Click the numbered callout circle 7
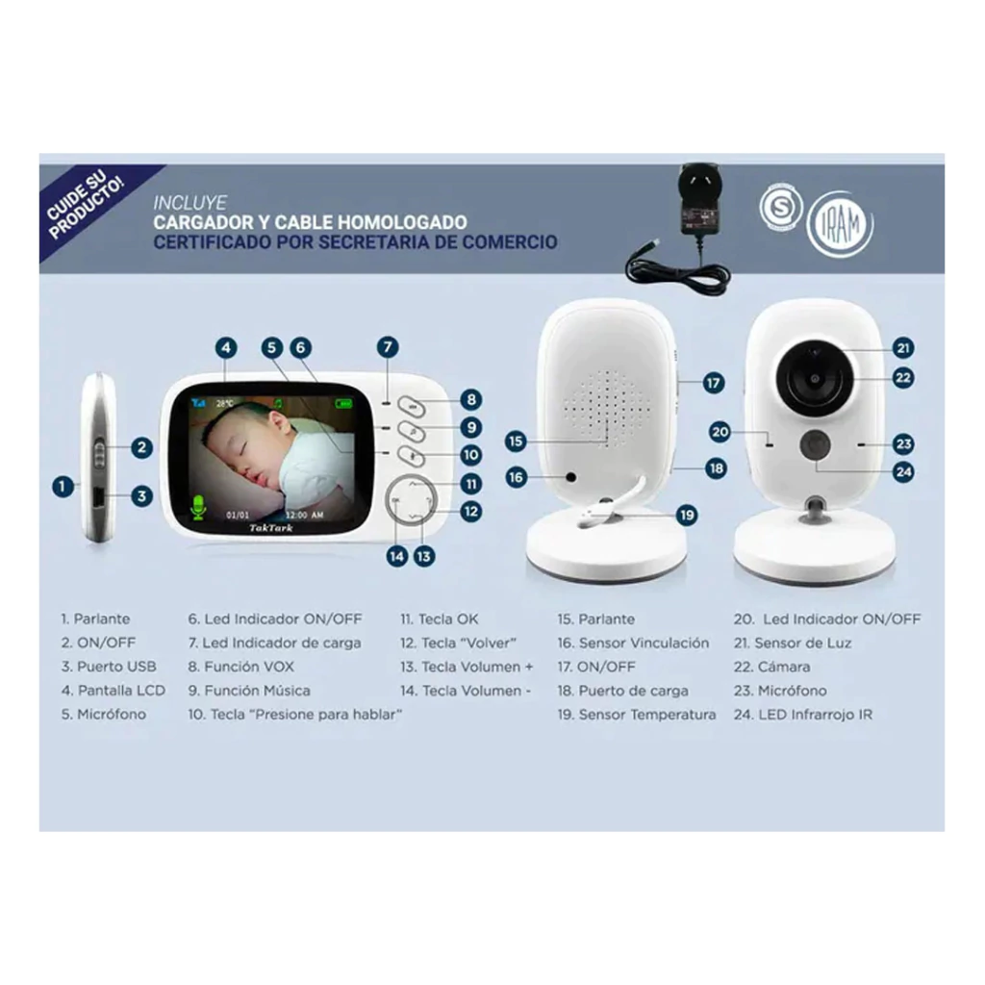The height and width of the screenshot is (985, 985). (x=388, y=346)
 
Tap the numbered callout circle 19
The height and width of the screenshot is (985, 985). (x=687, y=516)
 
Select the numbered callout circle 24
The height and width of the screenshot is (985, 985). (x=903, y=471)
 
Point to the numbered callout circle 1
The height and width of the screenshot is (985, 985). (x=63, y=486)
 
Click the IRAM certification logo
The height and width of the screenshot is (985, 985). (x=840, y=224)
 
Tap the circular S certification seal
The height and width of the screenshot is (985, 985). (x=780, y=208)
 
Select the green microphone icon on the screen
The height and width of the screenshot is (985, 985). (x=198, y=508)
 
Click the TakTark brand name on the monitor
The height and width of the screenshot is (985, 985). (x=270, y=528)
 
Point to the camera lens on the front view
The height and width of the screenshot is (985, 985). (x=814, y=377)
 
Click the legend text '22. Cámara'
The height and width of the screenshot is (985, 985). (x=771, y=667)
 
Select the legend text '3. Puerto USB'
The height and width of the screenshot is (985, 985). (x=108, y=667)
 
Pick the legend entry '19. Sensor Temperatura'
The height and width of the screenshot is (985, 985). (x=637, y=715)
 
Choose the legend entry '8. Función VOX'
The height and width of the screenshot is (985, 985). (x=240, y=667)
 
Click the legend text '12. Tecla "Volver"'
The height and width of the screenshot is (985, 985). (x=458, y=643)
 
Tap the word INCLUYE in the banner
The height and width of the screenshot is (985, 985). (x=189, y=203)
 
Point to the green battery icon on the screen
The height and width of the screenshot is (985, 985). (x=343, y=403)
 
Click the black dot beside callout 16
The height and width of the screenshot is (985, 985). (x=570, y=477)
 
